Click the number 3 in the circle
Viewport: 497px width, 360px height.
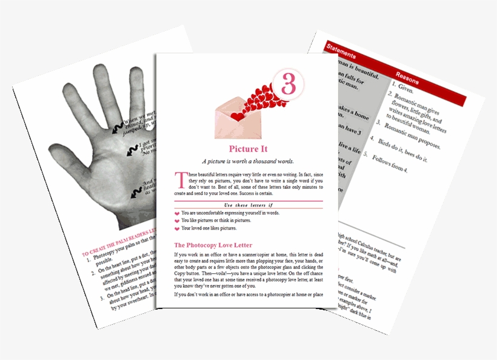[289, 85]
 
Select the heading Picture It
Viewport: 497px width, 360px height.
[248, 149]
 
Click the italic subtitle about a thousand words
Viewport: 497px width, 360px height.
[248, 161]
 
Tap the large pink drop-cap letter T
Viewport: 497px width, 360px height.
[179, 179]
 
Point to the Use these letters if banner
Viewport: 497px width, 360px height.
[248, 205]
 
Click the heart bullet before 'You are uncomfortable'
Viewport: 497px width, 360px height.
[177, 214]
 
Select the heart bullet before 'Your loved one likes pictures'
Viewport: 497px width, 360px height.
[177, 229]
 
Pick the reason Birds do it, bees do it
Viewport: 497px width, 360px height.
[404, 154]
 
